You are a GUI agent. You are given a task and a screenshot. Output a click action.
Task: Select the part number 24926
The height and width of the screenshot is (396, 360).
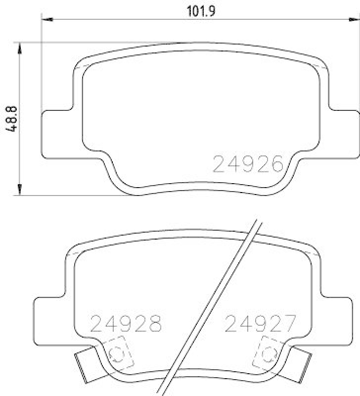point(247,164)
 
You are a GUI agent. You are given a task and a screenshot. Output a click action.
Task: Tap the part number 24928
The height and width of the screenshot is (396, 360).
point(127,324)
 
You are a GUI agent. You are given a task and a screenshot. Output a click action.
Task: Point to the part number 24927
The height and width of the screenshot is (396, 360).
point(260,324)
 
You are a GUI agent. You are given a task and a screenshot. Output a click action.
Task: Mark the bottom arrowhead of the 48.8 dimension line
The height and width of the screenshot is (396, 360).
point(19,190)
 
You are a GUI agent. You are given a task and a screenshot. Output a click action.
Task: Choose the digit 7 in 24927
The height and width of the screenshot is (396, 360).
point(289,324)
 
